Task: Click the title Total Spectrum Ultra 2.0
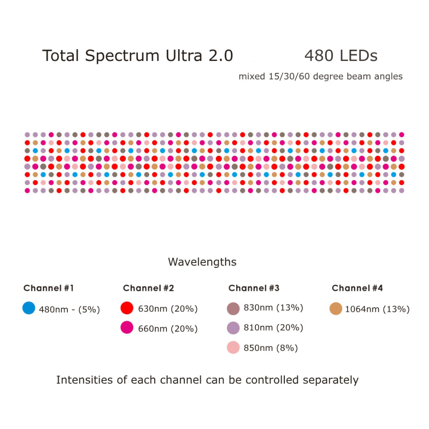137,56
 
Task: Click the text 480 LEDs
341,56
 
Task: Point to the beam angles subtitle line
320,77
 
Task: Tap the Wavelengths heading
202,262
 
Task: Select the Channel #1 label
48,288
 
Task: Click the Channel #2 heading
148,288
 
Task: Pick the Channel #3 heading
254,288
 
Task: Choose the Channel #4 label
357,288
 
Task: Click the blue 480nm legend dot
29,308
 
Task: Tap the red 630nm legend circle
127,308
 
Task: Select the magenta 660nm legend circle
127,328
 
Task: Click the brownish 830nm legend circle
233,308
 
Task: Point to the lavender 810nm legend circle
233,328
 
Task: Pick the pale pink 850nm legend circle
233,347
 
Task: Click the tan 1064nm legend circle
336,308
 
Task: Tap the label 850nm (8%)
271,348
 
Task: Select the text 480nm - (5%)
69,309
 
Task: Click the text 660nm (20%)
168,329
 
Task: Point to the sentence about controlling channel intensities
207,380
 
